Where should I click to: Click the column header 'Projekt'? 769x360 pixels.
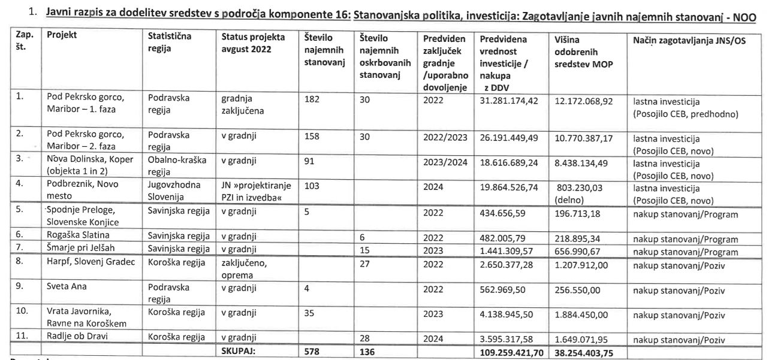[62, 35]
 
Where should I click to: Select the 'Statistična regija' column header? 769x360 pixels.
[169, 41]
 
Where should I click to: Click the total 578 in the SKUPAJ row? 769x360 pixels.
[312, 352]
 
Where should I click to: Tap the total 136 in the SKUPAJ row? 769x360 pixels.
[367, 352]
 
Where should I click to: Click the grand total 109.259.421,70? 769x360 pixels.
[512, 352]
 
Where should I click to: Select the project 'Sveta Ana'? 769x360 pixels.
[67, 286]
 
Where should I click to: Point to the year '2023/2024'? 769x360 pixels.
[445, 162]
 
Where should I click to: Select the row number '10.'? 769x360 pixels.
[22, 311]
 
